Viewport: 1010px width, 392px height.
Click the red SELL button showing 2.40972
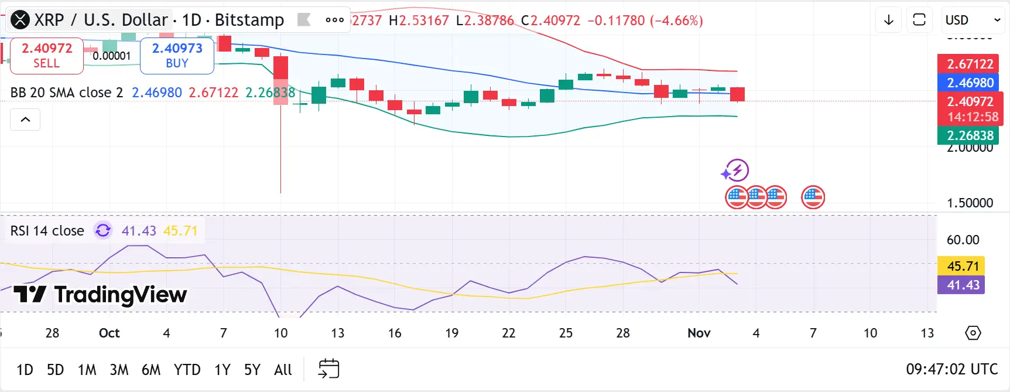click(47, 56)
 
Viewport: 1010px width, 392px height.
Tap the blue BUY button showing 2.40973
click(177, 56)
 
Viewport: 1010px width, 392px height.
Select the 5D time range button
click(55, 370)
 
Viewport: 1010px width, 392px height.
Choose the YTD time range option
click(187, 370)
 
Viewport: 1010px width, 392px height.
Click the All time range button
click(283, 370)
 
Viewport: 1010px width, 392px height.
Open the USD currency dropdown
click(973, 20)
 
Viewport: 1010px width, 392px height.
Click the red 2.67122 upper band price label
click(970, 64)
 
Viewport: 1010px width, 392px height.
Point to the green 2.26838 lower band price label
click(970, 135)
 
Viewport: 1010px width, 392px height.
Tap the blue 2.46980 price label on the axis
click(970, 83)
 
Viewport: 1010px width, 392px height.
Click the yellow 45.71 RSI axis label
click(963, 266)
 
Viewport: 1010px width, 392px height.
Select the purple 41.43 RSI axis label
click(963, 285)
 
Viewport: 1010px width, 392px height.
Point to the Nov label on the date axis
click(699, 333)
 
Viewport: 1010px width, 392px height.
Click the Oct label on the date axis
click(109, 333)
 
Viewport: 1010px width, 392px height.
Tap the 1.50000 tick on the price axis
click(970, 203)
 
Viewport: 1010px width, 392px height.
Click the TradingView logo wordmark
click(100, 295)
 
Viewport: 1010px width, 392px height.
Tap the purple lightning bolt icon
click(735, 171)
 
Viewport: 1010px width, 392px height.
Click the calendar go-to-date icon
click(328, 369)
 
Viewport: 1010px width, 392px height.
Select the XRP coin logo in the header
click(20, 20)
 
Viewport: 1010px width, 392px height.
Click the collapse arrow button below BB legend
click(25, 120)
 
